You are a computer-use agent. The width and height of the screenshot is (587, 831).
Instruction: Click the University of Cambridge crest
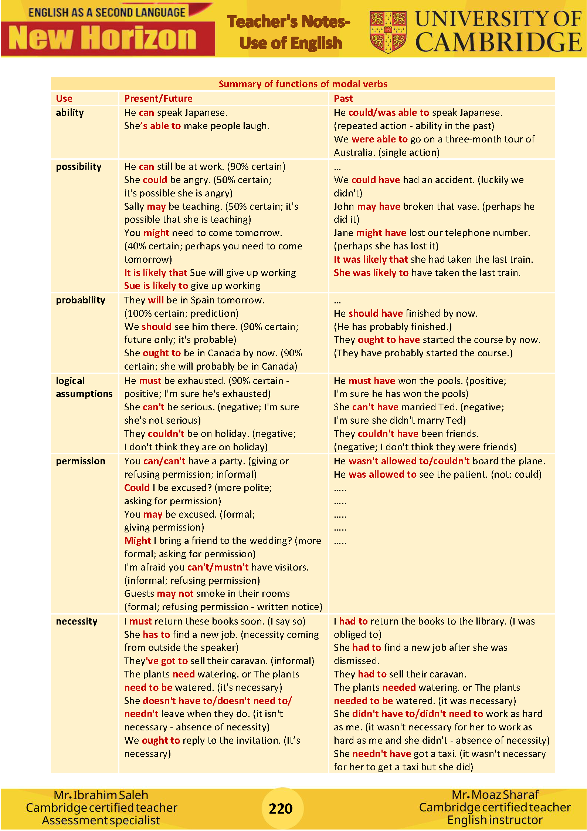[388, 32]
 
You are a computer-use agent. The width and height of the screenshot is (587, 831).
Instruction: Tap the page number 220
[281, 808]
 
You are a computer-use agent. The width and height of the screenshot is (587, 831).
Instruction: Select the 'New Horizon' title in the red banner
[102, 38]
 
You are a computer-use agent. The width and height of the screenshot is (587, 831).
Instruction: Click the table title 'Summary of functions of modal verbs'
[303, 84]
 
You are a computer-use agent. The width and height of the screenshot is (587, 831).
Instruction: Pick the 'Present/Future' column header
[158, 98]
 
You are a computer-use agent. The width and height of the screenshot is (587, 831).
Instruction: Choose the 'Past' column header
[343, 98]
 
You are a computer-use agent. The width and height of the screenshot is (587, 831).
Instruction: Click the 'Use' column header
[64, 98]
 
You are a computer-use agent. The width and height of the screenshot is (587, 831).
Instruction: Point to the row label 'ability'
[69, 112]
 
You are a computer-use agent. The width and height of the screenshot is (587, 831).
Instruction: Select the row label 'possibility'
[78, 166]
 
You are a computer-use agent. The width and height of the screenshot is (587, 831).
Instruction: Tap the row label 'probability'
[80, 300]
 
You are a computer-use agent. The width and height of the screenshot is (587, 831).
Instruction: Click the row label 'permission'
[80, 461]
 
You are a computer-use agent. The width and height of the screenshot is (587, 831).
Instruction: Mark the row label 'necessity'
[77, 621]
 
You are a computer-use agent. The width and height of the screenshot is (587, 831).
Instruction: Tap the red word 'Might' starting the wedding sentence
[138, 541]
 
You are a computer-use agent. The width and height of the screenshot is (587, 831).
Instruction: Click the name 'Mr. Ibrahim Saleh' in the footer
[101, 795]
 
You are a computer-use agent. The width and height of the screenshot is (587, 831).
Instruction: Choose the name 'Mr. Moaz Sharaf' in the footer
[495, 794]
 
